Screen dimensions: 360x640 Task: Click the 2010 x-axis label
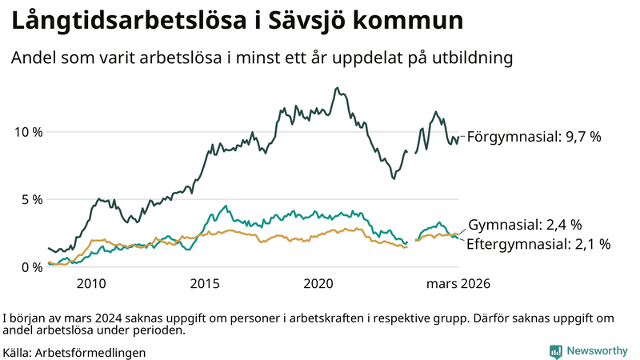90,284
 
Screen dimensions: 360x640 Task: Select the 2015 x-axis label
205,284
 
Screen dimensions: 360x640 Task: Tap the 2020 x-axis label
318,284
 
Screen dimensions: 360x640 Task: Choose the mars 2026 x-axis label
458,284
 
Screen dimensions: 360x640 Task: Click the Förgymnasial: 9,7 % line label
534,137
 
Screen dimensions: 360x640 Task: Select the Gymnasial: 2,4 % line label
524,225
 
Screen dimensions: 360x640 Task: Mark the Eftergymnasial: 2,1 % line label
538,244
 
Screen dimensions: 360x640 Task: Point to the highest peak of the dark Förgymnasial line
336,88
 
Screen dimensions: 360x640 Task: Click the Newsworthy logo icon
554,351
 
